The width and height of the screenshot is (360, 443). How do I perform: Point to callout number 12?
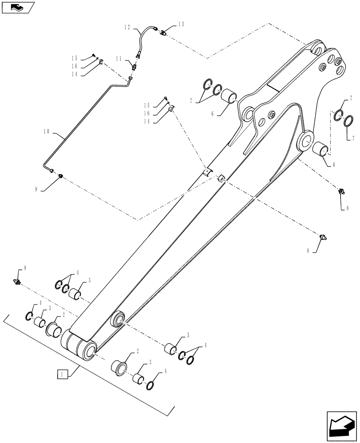pyautogui.click(x=127, y=27)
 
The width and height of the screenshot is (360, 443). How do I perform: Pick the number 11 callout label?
pyautogui.click(x=119, y=58)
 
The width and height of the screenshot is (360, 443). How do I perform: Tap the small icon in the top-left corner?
pyautogui.click(x=17, y=7)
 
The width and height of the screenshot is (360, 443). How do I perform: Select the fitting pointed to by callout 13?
pyautogui.click(x=163, y=31)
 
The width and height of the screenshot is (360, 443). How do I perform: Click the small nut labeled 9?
pyautogui.click(x=61, y=177)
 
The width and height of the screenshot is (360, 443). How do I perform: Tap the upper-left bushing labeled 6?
pyautogui.click(x=229, y=96)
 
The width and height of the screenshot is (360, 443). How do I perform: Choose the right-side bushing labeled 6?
pyautogui.click(x=321, y=150)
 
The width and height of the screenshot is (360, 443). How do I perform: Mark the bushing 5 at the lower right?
pyautogui.click(x=171, y=349)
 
